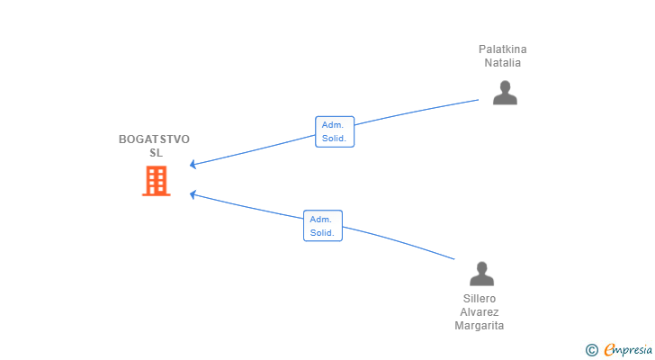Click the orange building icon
pyautogui.click(x=157, y=181)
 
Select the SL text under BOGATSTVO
pyautogui.click(x=157, y=153)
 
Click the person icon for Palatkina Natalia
pyautogui.click(x=505, y=93)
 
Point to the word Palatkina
pyautogui.click(x=503, y=49)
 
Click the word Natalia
pyautogui.click(x=503, y=63)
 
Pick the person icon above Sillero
pyautogui.click(x=481, y=274)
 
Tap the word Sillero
pyautogui.click(x=480, y=299)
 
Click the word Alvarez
pyautogui.click(x=480, y=312)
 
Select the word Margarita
pyautogui.click(x=480, y=326)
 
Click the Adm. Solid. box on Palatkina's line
pyautogui.click(x=335, y=132)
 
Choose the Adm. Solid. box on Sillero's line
pyautogui.click(x=323, y=226)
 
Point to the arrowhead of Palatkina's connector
pyautogui.click(x=193, y=165)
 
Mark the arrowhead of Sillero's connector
pyautogui.click(x=193, y=193)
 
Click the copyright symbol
pyautogui.click(x=592, y=349)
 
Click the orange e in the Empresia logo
pyautogui.click(x=609, y=349)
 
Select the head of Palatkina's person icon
pyautogui.click(x=505, y=86)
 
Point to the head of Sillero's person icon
pyautogui.click(x=481, y=267)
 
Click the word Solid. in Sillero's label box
pyautogui.click(x=322, y=233)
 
